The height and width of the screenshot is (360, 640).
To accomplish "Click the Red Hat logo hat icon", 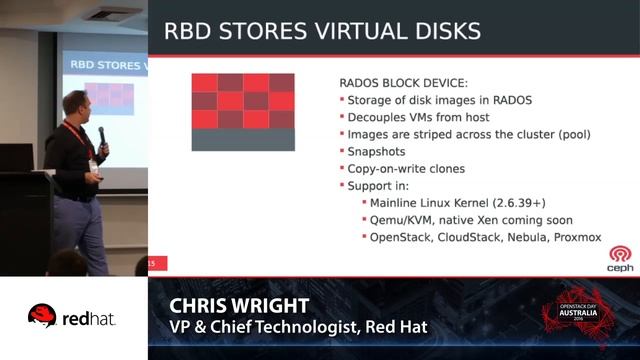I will (x=41, y=316).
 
